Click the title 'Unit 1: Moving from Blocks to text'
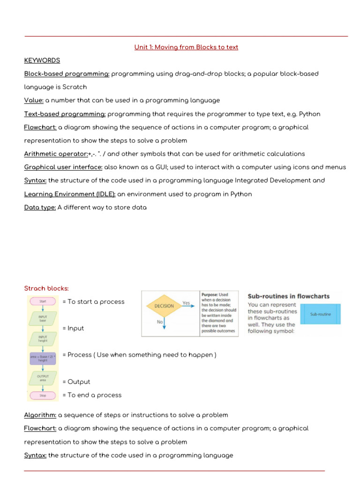186,47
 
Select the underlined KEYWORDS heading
42,60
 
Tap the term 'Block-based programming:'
67,74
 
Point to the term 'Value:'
34,100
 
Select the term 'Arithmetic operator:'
56,154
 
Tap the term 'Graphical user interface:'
63,167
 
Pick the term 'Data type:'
40,207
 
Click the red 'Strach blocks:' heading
46,288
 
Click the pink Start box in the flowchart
43,301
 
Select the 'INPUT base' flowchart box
43,319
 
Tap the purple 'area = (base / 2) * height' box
43,359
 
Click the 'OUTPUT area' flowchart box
43,378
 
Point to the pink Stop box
43,395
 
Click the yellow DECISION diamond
164,306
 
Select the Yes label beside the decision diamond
186,303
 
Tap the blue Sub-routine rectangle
320,314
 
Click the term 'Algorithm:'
40,415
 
